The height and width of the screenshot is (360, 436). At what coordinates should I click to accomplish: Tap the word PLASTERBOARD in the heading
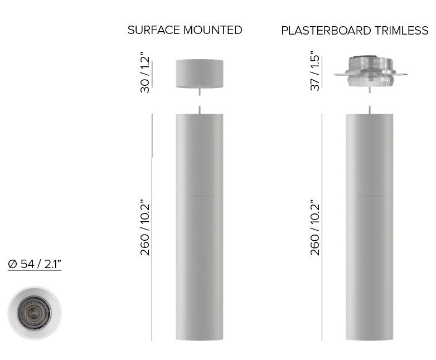[x=326, y=31]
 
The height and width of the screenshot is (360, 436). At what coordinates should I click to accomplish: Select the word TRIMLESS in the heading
[x=401, y=31]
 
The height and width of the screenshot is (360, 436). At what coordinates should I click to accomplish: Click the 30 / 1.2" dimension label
[x=145, y=72]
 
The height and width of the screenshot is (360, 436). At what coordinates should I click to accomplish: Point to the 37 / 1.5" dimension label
[x=316, y=71]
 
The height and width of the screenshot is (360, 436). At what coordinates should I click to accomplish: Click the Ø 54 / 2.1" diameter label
[x=35, y=264]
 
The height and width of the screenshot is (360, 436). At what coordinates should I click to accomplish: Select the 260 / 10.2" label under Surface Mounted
[x=145, y=227]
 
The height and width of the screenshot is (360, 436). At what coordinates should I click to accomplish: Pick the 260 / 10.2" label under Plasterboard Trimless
[x=316, y=227]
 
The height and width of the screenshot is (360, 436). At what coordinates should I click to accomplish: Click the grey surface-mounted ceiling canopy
[x=200, y=74]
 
